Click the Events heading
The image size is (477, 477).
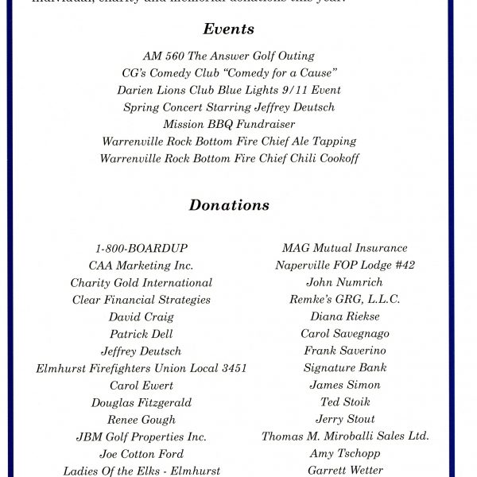click(229, 29)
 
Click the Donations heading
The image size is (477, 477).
click(229, 205)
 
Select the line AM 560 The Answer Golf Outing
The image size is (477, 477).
click(229, 56)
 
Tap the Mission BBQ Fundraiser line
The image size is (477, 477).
click(229, 124)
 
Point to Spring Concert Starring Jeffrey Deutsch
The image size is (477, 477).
click(229, 107)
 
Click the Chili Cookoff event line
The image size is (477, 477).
click(229, 158)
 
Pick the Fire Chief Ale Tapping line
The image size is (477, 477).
click(229, 142)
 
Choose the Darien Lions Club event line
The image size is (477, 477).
click(229, 91)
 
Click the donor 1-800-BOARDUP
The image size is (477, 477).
click(142, 248)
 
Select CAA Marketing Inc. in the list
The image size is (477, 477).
click(142, 266)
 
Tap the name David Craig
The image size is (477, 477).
click(142, 317)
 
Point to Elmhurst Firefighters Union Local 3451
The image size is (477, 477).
click(142, 368)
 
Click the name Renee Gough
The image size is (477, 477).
click(142, 420)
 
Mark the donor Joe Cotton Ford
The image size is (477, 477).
click(142, 454)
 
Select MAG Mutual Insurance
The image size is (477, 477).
click(345, 248)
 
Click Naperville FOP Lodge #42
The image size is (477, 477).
click(345, 266)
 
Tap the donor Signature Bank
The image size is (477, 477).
click(345, 368)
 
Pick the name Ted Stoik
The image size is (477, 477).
click(345, 402)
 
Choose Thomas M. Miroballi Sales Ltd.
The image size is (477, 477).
click(345, 436)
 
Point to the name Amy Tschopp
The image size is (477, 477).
click(345, 454)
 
